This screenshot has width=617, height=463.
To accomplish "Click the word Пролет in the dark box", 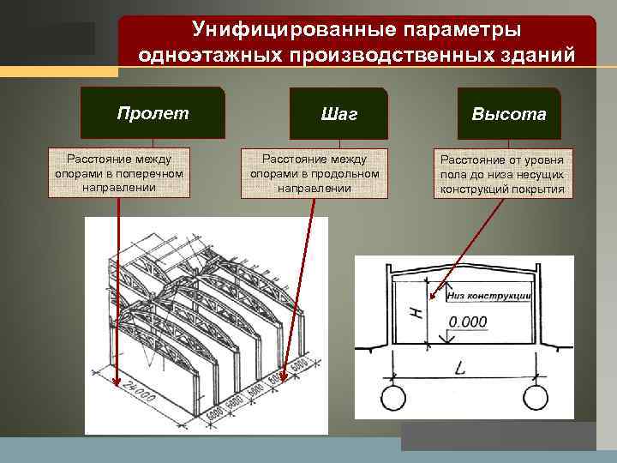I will pos(153,112).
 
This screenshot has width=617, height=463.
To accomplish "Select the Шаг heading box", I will pos(339,113).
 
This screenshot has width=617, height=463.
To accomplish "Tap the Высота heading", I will pos(508,114).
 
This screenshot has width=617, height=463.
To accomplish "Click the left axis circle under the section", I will pos(393,399).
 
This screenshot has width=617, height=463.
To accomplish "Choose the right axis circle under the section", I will pos(535,399).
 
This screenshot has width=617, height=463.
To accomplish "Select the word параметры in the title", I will pos(464,30).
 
